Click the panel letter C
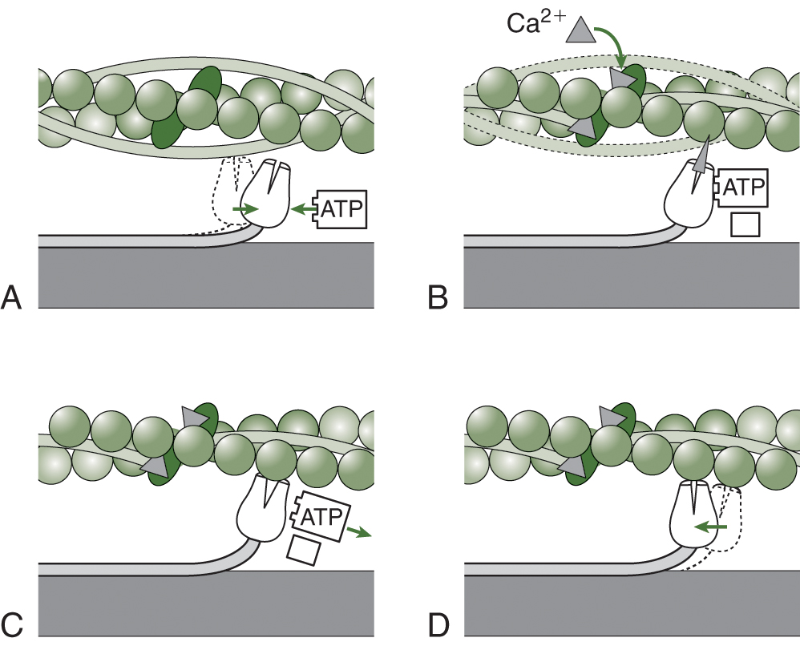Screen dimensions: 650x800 [x=12, y=623]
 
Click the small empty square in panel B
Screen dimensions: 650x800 [x=745, y=226]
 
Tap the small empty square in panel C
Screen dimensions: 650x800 [x=303, y=551]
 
